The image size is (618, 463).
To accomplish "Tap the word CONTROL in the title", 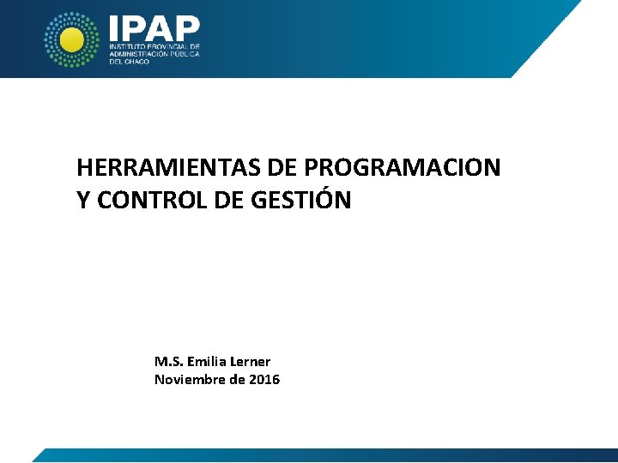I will [149, 201].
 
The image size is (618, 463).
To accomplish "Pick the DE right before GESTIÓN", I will [228, 201].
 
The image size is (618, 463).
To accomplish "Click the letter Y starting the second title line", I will [82, 201].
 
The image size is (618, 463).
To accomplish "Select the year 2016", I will [264, 380].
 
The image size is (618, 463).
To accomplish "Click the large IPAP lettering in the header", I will [154, 27].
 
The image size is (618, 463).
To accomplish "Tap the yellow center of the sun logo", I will [72, 39].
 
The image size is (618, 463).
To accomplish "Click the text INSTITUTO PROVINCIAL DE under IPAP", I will [154, 45].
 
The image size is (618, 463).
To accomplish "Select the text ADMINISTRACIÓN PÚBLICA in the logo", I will [154, 53].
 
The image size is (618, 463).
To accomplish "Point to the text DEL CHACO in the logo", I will [129, 62].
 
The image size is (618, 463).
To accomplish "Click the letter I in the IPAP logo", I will [114, 27].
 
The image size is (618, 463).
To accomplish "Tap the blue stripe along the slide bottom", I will [326, 455].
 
